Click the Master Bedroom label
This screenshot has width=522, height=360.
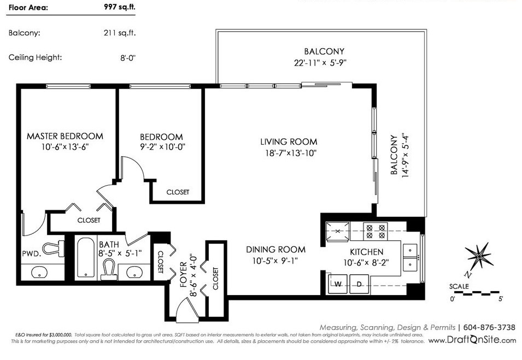[65, 136]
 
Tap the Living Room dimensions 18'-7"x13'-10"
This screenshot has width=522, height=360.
[291, 153]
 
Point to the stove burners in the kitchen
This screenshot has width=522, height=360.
[376, 231]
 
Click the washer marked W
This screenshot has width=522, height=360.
[338, 284]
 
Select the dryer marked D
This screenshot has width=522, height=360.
[359, 284]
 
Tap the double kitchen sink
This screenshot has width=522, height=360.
[410, 257]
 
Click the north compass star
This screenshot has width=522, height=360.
[479, 256]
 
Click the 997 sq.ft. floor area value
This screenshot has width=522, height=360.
[120, 7]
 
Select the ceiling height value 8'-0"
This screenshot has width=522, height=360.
[128, 57]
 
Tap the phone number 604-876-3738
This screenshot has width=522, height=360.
[489, 328]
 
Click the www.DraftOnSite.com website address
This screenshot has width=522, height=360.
[472, 340]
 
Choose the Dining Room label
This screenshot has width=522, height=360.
[275, 250]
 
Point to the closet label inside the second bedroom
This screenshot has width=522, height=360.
[178, 192]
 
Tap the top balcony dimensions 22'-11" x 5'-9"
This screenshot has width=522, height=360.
[320, 63]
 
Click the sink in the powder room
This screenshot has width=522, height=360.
[39, 273]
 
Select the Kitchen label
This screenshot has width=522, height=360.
[367, 252]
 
